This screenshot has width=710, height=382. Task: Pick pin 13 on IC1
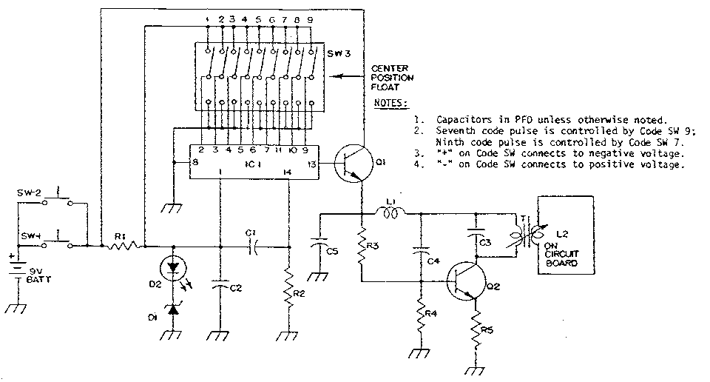(x=311, y=164)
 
